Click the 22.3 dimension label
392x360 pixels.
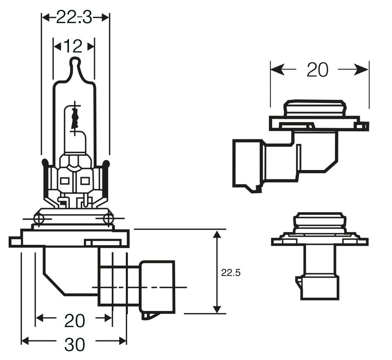74,18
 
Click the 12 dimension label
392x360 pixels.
73,47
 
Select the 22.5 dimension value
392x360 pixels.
230,273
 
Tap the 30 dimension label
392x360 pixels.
74,344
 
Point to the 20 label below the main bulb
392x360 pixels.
74,321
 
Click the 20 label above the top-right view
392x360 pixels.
317,70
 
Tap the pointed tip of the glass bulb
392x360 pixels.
74,61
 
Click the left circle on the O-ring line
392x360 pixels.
39,218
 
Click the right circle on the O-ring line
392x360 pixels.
108,218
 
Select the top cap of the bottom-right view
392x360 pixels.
320,219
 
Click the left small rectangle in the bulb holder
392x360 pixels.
64,181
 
